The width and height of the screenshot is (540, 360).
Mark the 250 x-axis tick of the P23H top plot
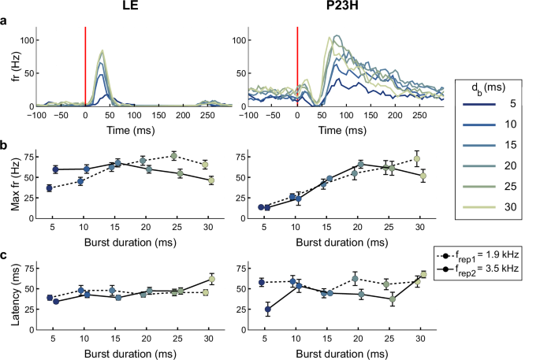(419, 116)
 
